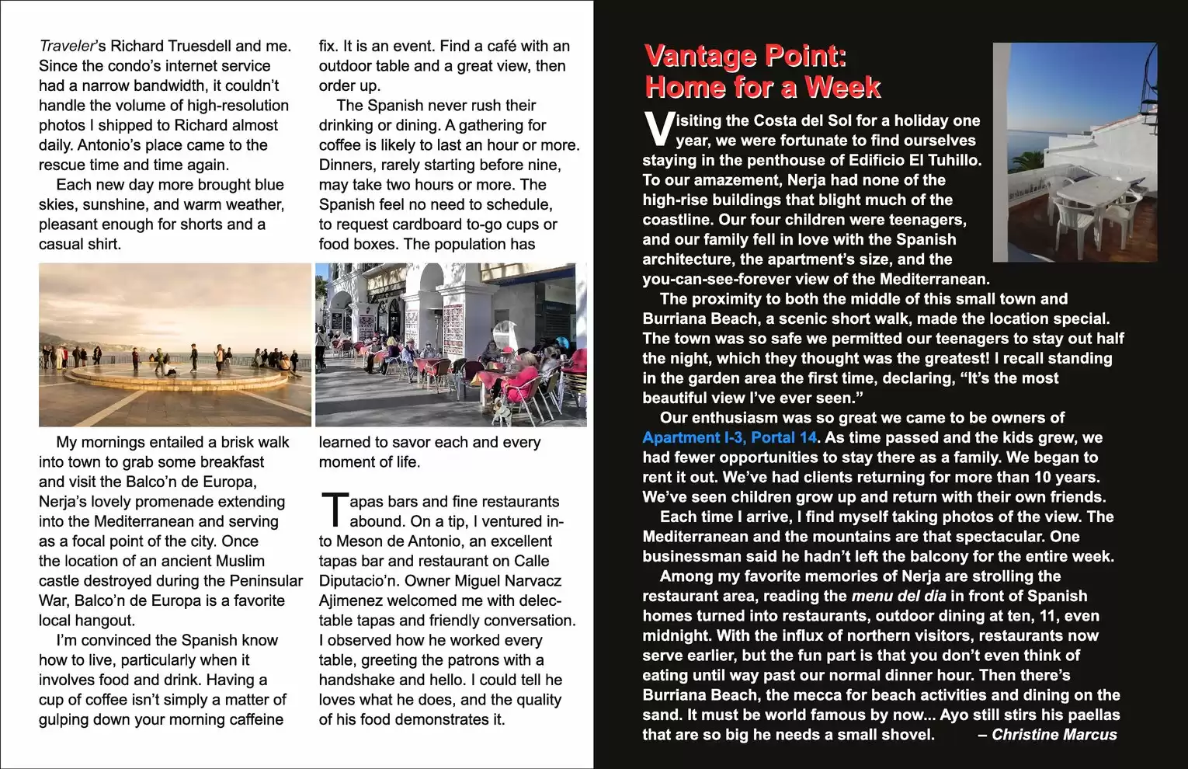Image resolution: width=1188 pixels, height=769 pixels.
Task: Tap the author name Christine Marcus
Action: pyautogui.click(x=1054, y=735)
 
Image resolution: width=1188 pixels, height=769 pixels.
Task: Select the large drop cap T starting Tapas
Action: pyautogui.click(x=333, y=510)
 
